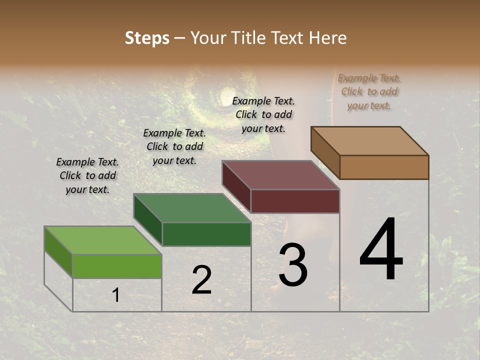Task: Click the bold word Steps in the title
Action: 147,38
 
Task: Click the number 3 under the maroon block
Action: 293,265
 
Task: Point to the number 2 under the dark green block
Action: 201,280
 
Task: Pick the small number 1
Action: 115,295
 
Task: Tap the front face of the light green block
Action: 117,266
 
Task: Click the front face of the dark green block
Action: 206,234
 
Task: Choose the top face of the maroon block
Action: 280,175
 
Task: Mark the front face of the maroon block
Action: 295,201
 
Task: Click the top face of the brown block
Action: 370,140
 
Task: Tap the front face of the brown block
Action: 384,167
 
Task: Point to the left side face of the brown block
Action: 325,152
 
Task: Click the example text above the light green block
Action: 87,175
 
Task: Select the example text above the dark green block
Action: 174,146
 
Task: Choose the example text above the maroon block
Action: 263,114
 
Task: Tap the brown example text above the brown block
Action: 369,91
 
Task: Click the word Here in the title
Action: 328,38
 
